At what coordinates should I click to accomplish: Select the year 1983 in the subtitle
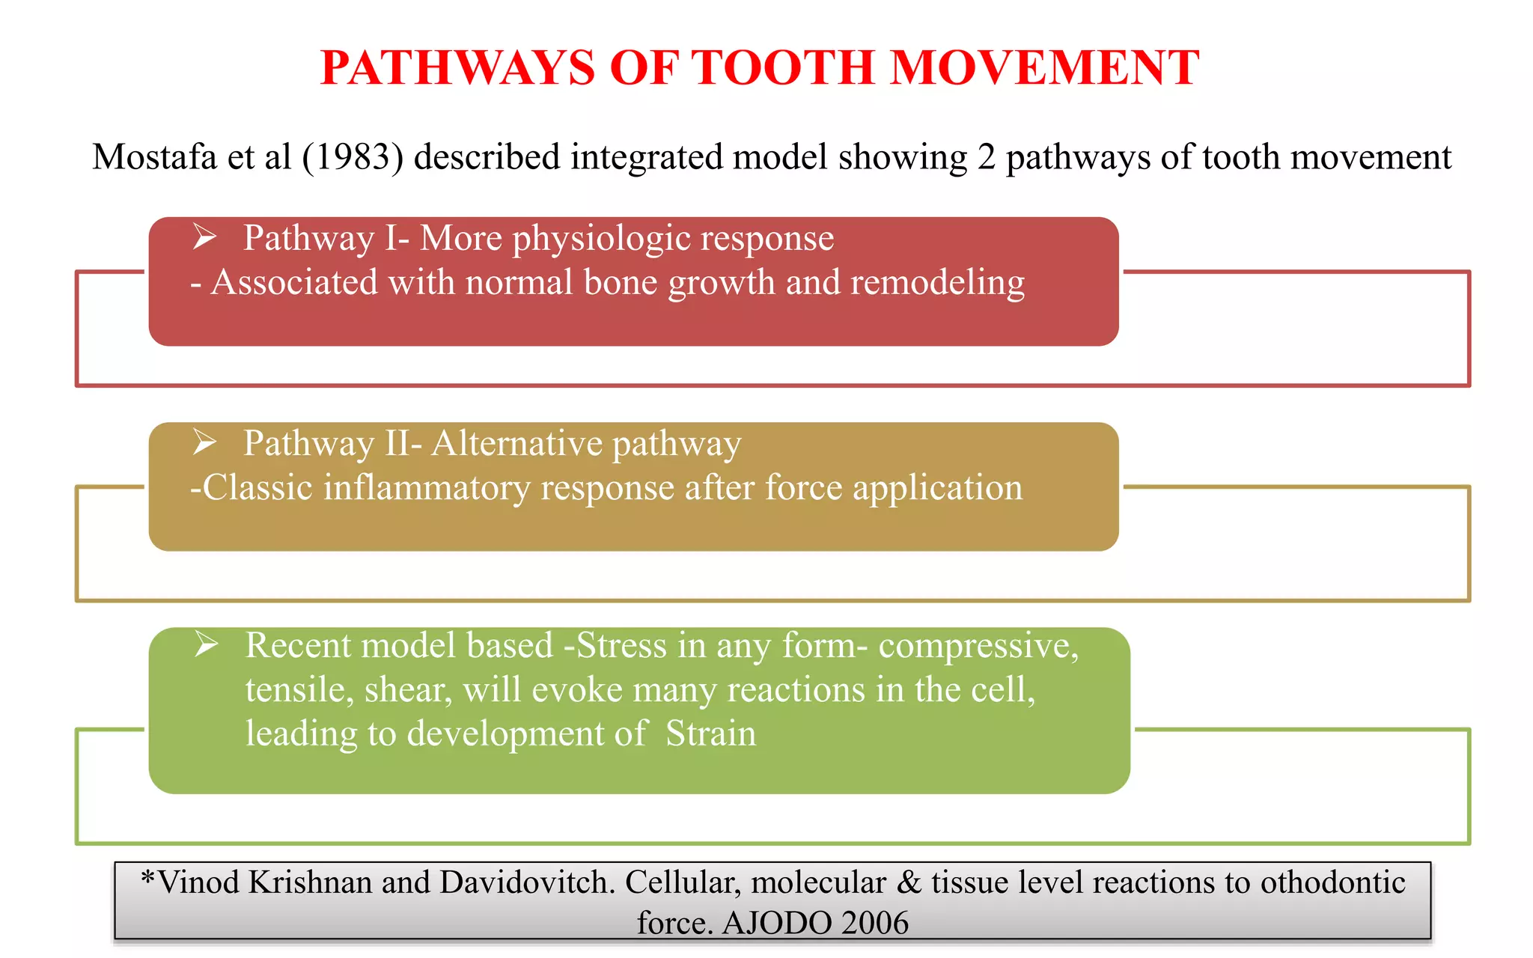coord(352,157)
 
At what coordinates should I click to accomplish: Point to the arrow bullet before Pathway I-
coord(204,237)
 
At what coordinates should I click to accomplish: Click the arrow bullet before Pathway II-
coord(204,442)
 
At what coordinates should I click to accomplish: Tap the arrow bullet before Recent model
coord(207,644)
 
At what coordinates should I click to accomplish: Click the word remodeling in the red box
coord(937,283)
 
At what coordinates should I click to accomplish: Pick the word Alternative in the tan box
coord(516,443)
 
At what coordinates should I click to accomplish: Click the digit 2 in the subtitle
coord(986,157)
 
